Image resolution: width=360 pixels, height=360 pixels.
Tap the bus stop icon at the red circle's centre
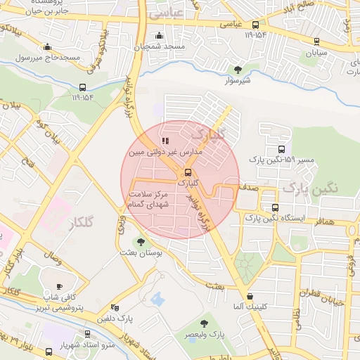click(188, 172)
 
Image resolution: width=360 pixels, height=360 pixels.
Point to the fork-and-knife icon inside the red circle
click(165, 141)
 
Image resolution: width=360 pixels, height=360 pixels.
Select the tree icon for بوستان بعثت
click(139, 242)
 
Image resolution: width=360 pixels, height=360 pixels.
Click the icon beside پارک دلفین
click(115, 307)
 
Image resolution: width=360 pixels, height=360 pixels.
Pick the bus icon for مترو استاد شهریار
click(87, 334)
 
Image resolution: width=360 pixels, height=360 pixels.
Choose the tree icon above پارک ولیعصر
click(204, 323)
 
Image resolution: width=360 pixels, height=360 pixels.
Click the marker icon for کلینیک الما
click(251, 296)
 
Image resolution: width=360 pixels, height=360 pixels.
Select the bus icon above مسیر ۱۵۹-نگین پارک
click(282, 150)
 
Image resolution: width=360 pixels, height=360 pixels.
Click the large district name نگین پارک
click(310, 188)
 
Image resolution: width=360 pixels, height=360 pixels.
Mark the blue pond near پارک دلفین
click(157, 297)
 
